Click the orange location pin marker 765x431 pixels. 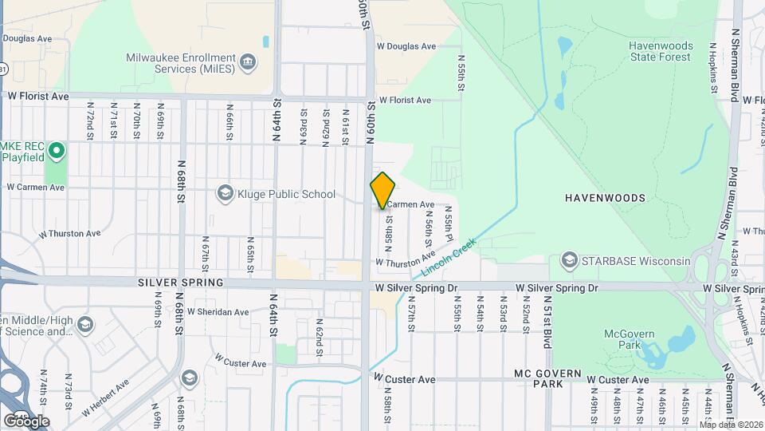[382, 191]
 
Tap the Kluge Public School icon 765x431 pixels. [225, 194]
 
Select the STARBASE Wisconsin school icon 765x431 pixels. [569, 261]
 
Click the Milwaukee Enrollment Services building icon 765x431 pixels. [247, 62]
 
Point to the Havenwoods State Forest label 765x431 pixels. [661, 51]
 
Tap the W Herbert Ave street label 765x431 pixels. [105, 397]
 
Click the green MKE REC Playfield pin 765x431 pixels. [56, 150]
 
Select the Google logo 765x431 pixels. [26, 421]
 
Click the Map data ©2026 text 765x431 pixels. [730, 425]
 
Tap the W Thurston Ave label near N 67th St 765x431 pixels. [70, 234]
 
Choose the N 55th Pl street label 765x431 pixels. [449, 227]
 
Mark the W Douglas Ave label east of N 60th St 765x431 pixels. [406, 46]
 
